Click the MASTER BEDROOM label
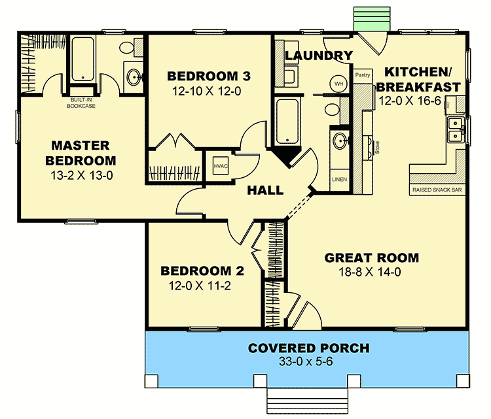pyautogui.click(x=81, y=152)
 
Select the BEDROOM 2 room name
pyautogui.click(x=198, y=271)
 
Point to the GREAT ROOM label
pyautogui.click(x=371, y=258)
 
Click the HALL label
pyautogui.click(x=265, y=191)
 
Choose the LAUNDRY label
pyautogui.click(x=319, y=56)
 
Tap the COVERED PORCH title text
pyautogui.click(x=308, y=348)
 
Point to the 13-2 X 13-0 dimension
pyautogui.click(x=81, y=175)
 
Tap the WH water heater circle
pyautogui.click(x=339, y=84)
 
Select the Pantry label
pyautogui.click(x=363, y=75)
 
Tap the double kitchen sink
pyautogui.click(x=454, y=129)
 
